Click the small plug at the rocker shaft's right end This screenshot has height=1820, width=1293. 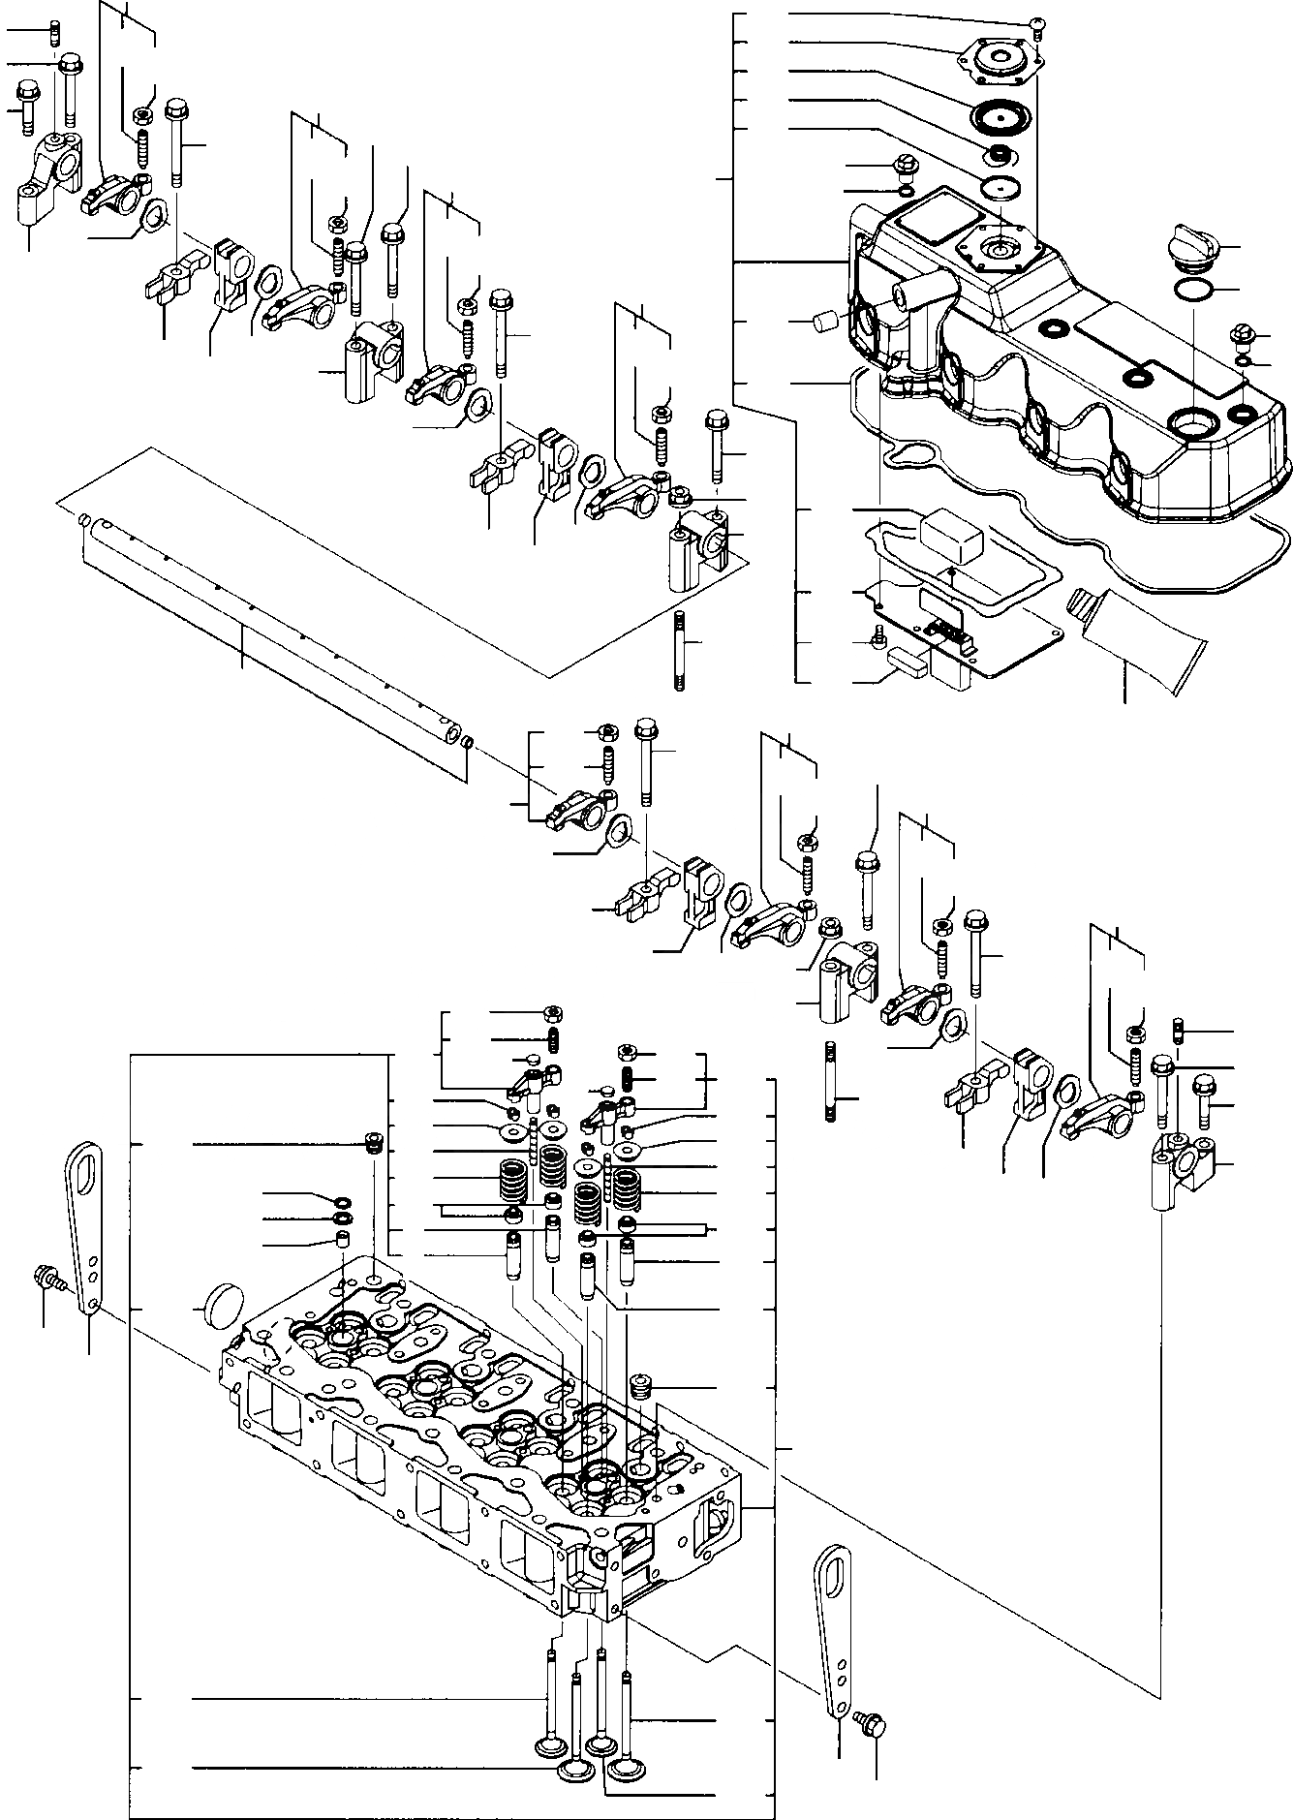point(466,743)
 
